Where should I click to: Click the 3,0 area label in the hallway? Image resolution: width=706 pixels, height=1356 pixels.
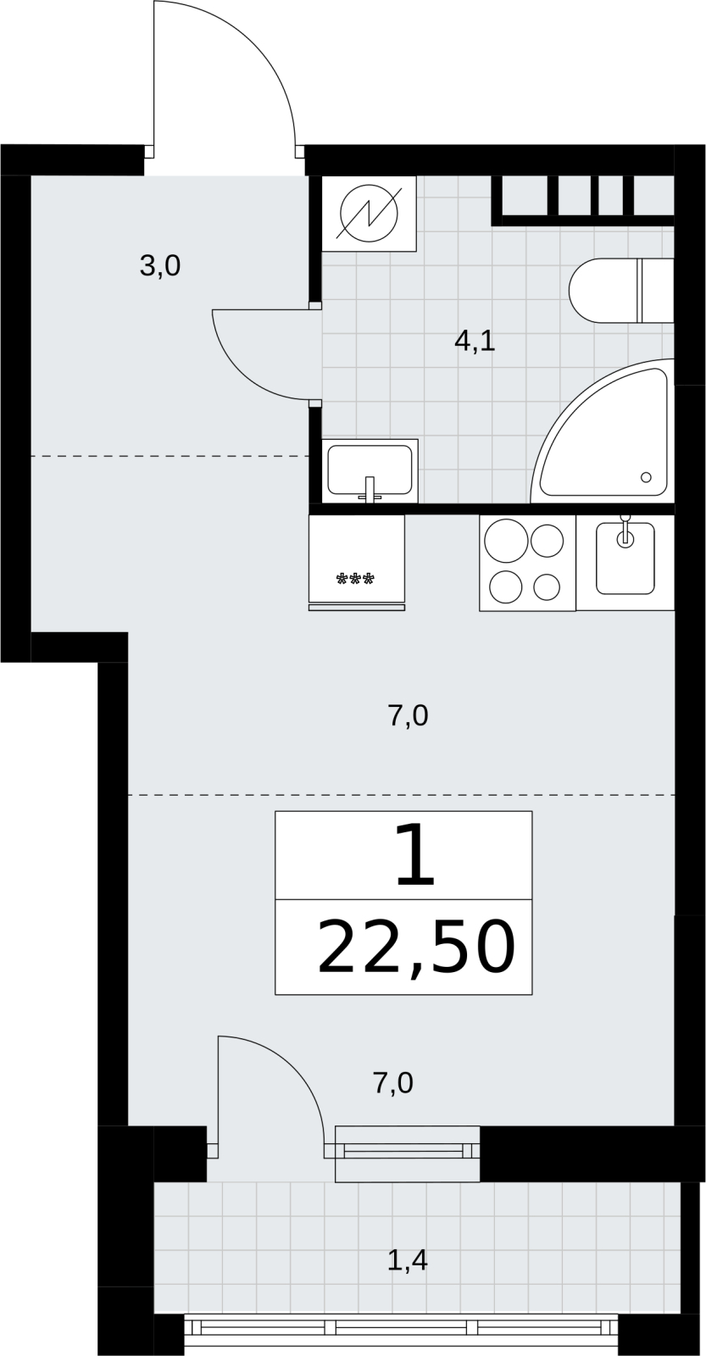pos(160,266)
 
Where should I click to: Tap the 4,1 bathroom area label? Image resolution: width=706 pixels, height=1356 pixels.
pos(475,342)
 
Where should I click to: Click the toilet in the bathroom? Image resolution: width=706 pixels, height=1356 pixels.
pos(621,291)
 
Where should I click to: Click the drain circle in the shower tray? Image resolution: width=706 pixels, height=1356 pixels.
pos(646,477)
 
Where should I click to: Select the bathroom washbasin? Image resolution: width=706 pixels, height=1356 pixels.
pos(370,471)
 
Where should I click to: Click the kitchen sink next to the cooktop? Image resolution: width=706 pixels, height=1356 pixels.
pos(625,559)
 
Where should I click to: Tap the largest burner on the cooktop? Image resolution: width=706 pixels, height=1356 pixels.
pos(507,541)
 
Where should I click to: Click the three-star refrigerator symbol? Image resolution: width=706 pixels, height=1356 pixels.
pos(355,580)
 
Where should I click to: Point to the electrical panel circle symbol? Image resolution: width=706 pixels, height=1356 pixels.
pos(370,213)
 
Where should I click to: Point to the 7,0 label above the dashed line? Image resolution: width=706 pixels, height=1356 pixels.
pos(408,717)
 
